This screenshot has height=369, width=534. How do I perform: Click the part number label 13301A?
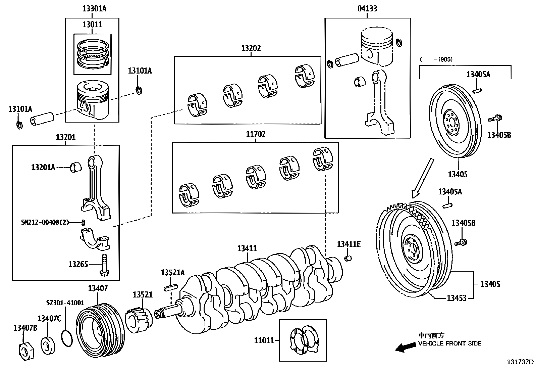click(94, 9)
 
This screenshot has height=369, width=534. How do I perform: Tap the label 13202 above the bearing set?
click(251, 48)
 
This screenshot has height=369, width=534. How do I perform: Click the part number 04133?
click(367, 9)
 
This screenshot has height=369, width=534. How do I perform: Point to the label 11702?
click(256, 134)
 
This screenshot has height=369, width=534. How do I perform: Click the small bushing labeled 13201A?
click(76, 167)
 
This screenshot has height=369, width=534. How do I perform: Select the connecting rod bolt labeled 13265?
click(105, 264)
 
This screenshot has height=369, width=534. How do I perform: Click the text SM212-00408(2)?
click(45, 222)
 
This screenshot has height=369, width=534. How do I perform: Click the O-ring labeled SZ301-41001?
click(67, 338)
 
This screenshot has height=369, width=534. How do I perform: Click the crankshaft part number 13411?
click(247, 248)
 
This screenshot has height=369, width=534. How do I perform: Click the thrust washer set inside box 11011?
click(303, 340)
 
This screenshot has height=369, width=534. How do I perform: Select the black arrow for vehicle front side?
click(405, 348)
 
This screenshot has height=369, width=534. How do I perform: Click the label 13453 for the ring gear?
click(456, 298)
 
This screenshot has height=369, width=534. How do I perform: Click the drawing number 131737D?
click(520, 362)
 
